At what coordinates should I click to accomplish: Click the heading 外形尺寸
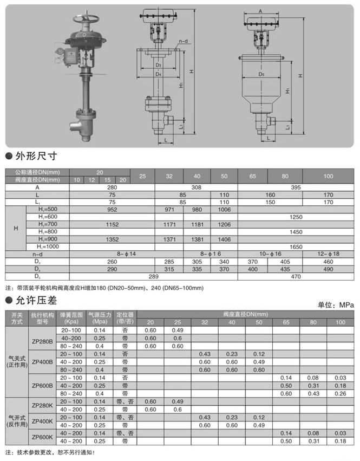point(35,157)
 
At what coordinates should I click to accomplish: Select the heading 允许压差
point(35,300)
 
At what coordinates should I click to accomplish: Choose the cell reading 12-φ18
point(329,253)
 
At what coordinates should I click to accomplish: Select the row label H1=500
point(48,209)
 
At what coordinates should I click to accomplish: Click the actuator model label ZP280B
point(42,341)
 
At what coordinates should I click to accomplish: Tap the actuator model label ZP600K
point(42,437)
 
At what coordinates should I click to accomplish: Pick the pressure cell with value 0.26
point(340,393)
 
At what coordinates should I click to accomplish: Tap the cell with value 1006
point(224,209)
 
